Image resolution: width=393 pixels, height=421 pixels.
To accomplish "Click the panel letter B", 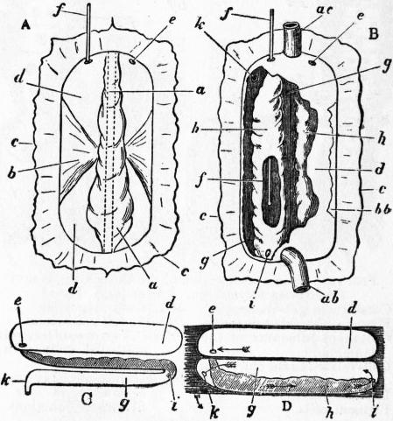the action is click(x=373, y=34).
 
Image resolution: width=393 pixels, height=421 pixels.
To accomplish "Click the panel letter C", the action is click(x=88, y=400).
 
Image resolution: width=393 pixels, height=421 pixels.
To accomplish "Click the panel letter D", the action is click(x=287, y=405).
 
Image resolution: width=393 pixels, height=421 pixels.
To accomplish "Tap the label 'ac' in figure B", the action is click(x=326, y=11).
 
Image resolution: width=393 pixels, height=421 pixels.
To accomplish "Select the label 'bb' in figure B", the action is click(x=383, y=209).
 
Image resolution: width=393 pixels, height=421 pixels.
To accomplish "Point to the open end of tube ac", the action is click(x=291, y=27).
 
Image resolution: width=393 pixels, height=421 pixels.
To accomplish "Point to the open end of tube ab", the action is click(x=302, y=289).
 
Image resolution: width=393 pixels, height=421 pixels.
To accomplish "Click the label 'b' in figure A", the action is click(x=11, y=172).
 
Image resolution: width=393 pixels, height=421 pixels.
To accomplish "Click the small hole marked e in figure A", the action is click(x=133, y=61).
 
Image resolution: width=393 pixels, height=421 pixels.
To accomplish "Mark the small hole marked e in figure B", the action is click(x=314, y=62).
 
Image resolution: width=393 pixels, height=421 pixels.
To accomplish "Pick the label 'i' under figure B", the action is click(x=252, y=300).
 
